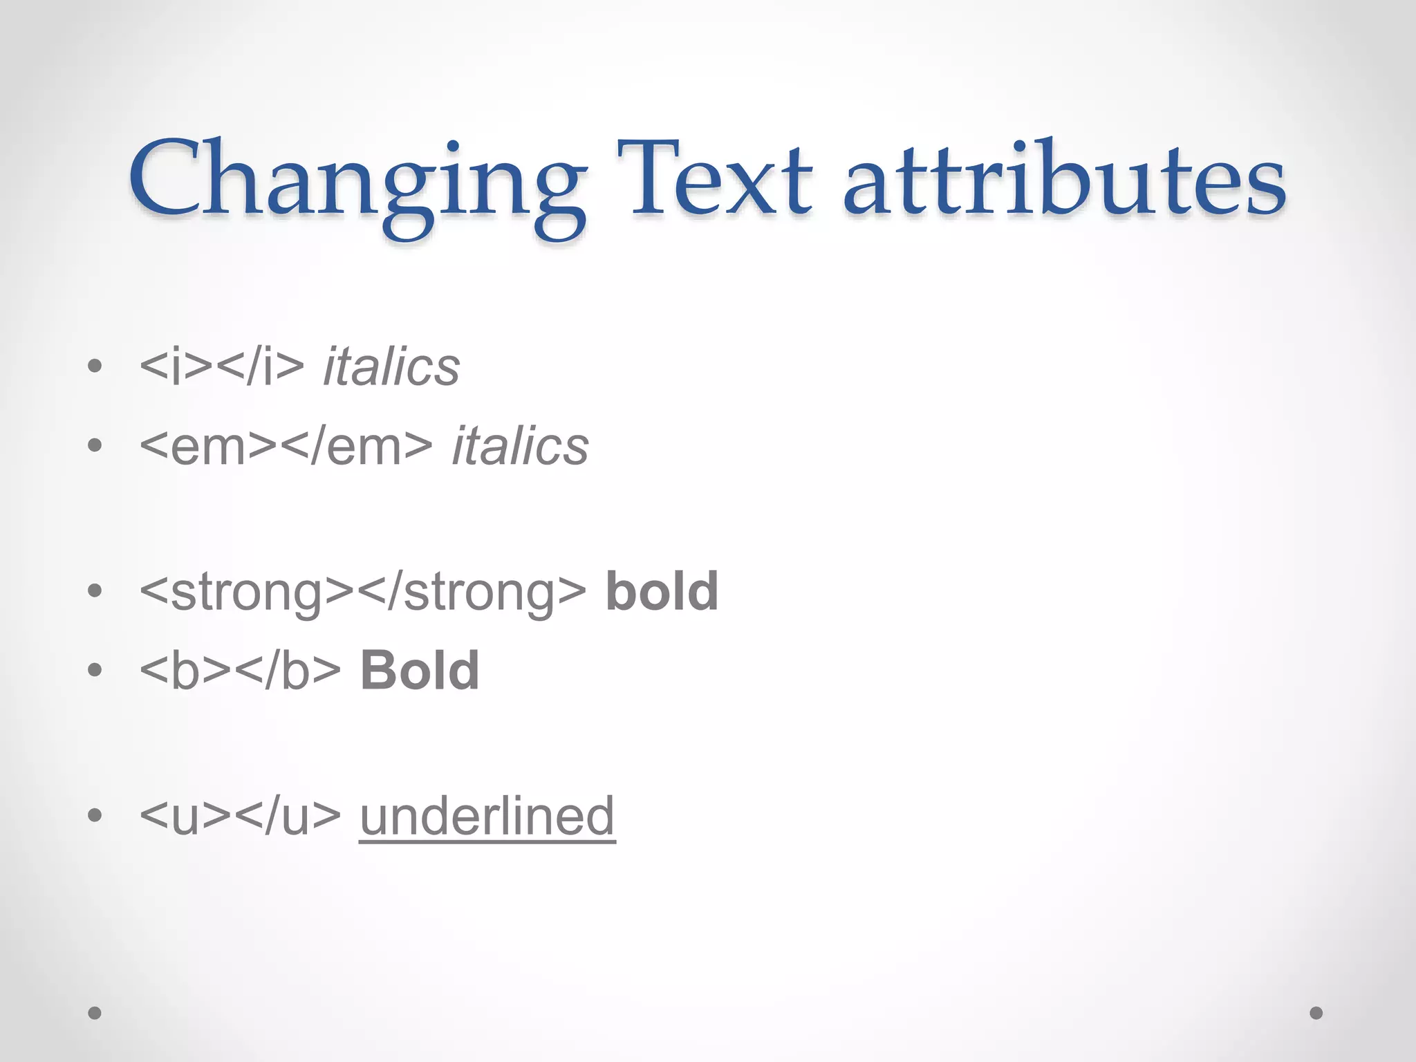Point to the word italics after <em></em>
(520, 446)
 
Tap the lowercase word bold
(662, 592)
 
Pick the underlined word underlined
(487, 816)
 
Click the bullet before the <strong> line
(95, 592)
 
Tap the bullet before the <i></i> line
(95, 366)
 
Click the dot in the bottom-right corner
(1316, 1013)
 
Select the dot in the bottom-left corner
(95, 1013)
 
